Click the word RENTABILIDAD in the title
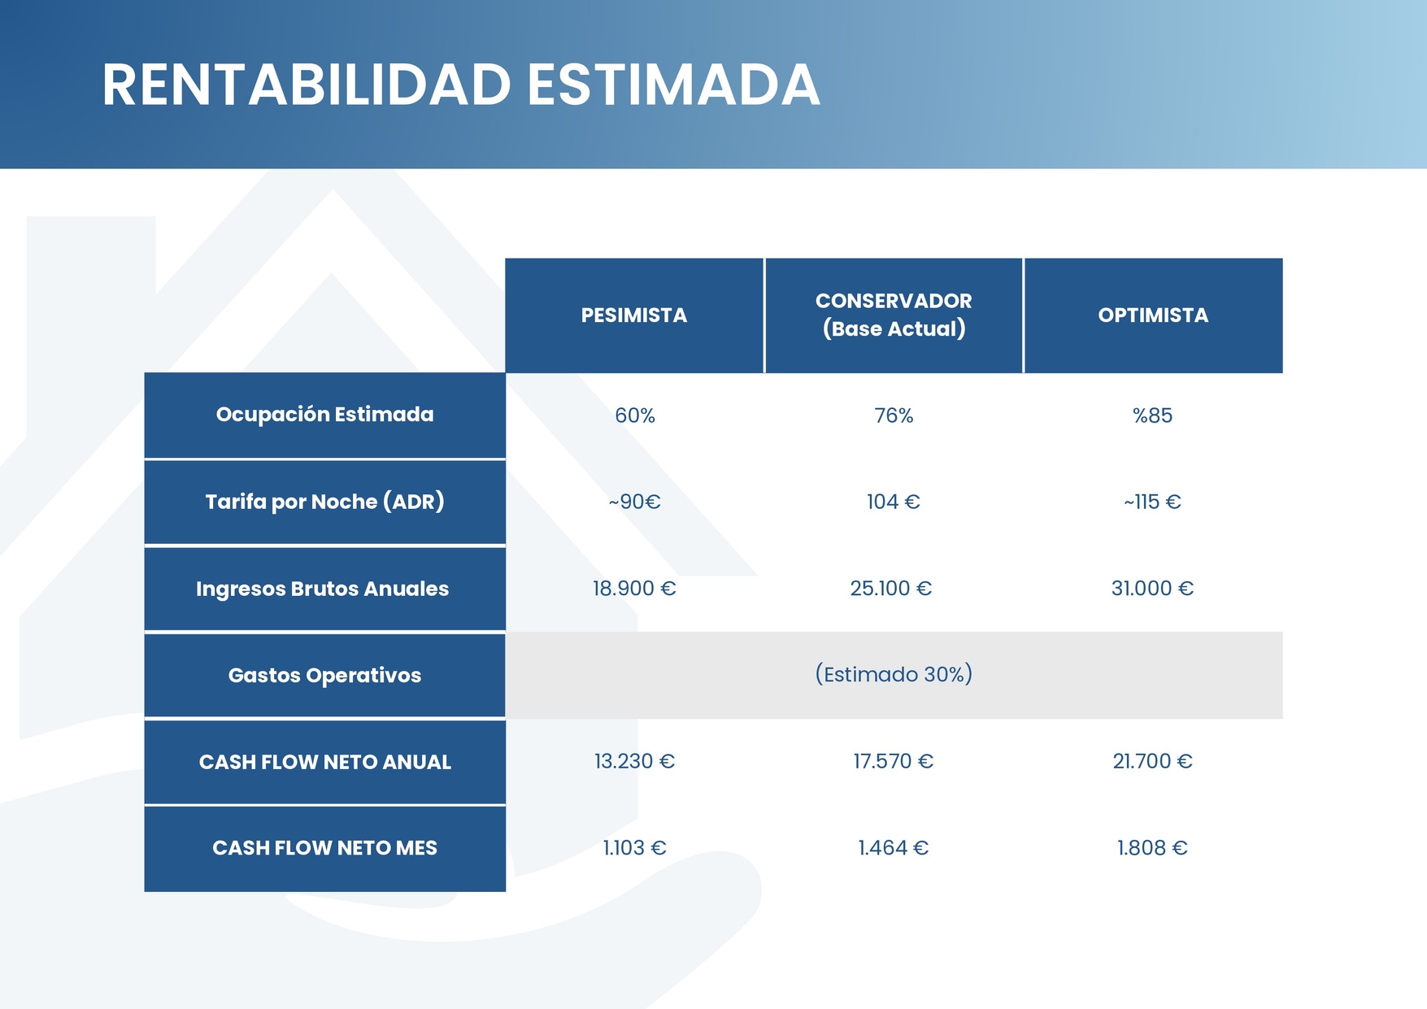point(307,85)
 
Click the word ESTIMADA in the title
point(674,85)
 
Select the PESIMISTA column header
point(634,315)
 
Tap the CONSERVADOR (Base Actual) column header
point(894,315)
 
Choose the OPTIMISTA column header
point(1153,315)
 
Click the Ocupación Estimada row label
point(325,415)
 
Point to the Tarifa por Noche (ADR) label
point(325,502)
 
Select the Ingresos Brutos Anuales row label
point(323,589)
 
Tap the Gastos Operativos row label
point(325,676)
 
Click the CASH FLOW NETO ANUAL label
point(325,762)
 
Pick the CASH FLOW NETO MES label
point(325,848)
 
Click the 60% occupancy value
point(635,415)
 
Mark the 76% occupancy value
point(894,415)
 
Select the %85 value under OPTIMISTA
point(1153,415)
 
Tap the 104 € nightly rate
point(894,502)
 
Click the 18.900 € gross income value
point(634,588)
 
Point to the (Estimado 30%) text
point(894,674)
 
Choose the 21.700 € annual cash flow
point(1153,761)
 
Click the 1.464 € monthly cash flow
point(894,848)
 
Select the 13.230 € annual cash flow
point(634,761)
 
